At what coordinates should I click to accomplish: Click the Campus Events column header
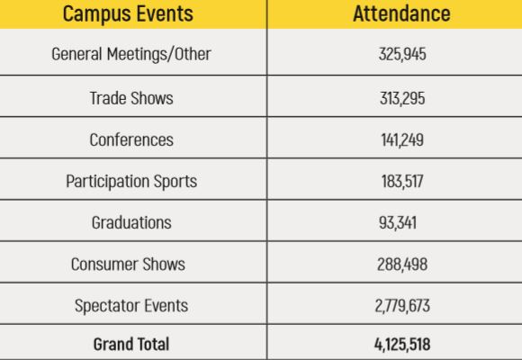[x=128, y=14]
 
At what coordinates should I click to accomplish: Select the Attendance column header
[x=401, y=13]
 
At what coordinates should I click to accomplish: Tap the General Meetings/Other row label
[x=131, y=54]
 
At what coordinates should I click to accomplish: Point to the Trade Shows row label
[x=131, y=98]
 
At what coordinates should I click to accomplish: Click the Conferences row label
[x=131, y=139]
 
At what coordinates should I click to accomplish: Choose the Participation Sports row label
[x=131, y=182]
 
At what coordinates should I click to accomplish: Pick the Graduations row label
[x=131, y=222]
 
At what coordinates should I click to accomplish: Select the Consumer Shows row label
[x=128, y=264]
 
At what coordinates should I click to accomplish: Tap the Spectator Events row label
[x=131, y=306]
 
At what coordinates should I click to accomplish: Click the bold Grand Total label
[x=131, y=344]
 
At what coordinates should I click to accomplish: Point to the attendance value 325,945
[x=402, y=54]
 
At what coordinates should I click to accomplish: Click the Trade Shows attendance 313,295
[x=402, y=98]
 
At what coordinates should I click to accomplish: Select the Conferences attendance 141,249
[x=402, y=139]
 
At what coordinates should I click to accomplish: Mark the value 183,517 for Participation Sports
[x=402, y=182]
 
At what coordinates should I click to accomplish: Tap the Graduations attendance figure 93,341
[x=398, y=223]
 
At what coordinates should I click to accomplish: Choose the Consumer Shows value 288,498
[x=402, y=265]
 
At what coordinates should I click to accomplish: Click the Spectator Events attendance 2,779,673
[x=402, y=306]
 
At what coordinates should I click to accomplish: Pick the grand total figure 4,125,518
[x=402, y=345]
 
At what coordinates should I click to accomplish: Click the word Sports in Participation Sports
[x=175, y=182]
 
